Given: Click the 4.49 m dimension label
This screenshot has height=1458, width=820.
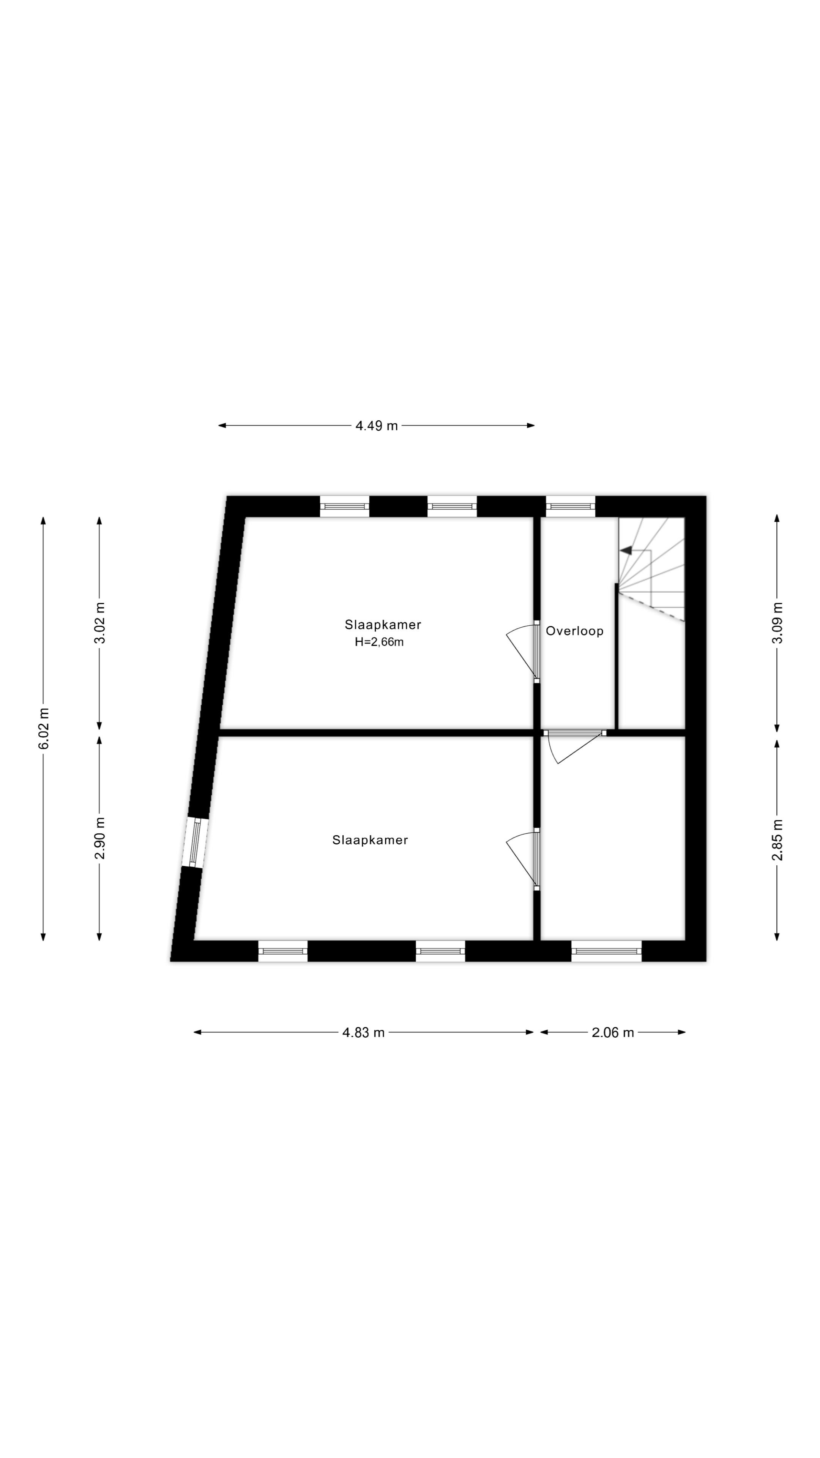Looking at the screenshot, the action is (376, 426).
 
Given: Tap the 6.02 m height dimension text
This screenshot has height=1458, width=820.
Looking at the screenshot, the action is (44, 729).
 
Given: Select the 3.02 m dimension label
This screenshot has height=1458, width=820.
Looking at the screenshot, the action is (99, 623).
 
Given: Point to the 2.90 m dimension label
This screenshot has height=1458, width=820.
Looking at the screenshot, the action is (99, 838).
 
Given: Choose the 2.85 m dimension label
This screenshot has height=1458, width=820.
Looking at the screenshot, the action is (777, 839).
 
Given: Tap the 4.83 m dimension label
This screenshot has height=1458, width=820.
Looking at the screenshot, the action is (363, 1032).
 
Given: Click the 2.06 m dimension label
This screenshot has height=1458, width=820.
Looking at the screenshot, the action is (613, 1032).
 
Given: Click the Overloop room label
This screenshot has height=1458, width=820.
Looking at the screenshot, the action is (574, 631).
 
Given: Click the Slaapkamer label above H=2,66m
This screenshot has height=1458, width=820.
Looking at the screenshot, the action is (383, 625).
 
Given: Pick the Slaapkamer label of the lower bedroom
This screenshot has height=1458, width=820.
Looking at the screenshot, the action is (370, 840).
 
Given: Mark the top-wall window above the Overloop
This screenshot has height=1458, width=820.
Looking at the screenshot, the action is (571, 507).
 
